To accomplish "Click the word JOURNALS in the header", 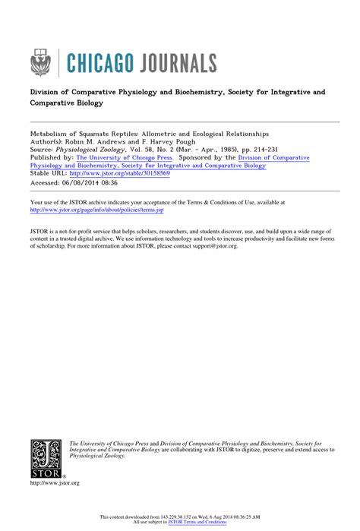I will tap(170, 62).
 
